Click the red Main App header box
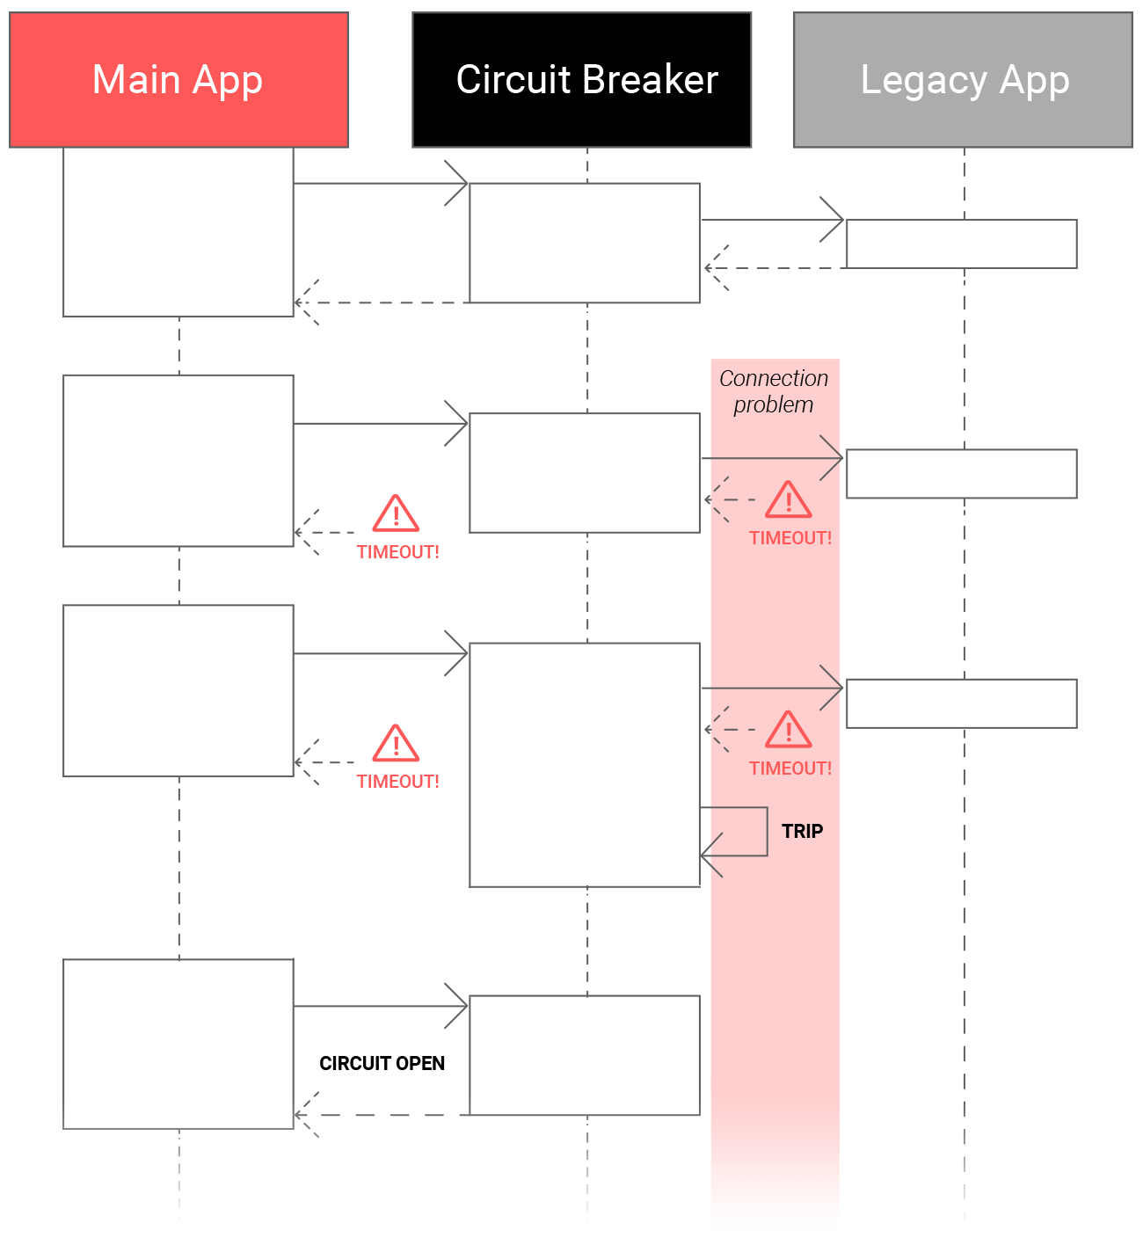[x=178, y=80]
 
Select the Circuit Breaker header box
[x=581, y=80]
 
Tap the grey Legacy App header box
[x=963, y=80]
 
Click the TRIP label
[x=802, y=832]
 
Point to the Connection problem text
[x=774, y=391]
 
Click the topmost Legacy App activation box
[x=961, y=244]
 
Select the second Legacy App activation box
[x=961, y=474]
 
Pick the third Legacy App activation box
[x=961, y=703]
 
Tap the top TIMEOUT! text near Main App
[x=397, y=552]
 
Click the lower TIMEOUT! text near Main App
[x=397, y=782]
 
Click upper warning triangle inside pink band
[x=788, y=500]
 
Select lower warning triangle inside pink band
[x=788, y=730]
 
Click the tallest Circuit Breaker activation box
[x=584, y=765]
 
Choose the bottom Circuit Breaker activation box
[x=584, y=1055]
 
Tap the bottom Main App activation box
[x=178, y=1044]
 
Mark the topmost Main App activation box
[x=178, y=232]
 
